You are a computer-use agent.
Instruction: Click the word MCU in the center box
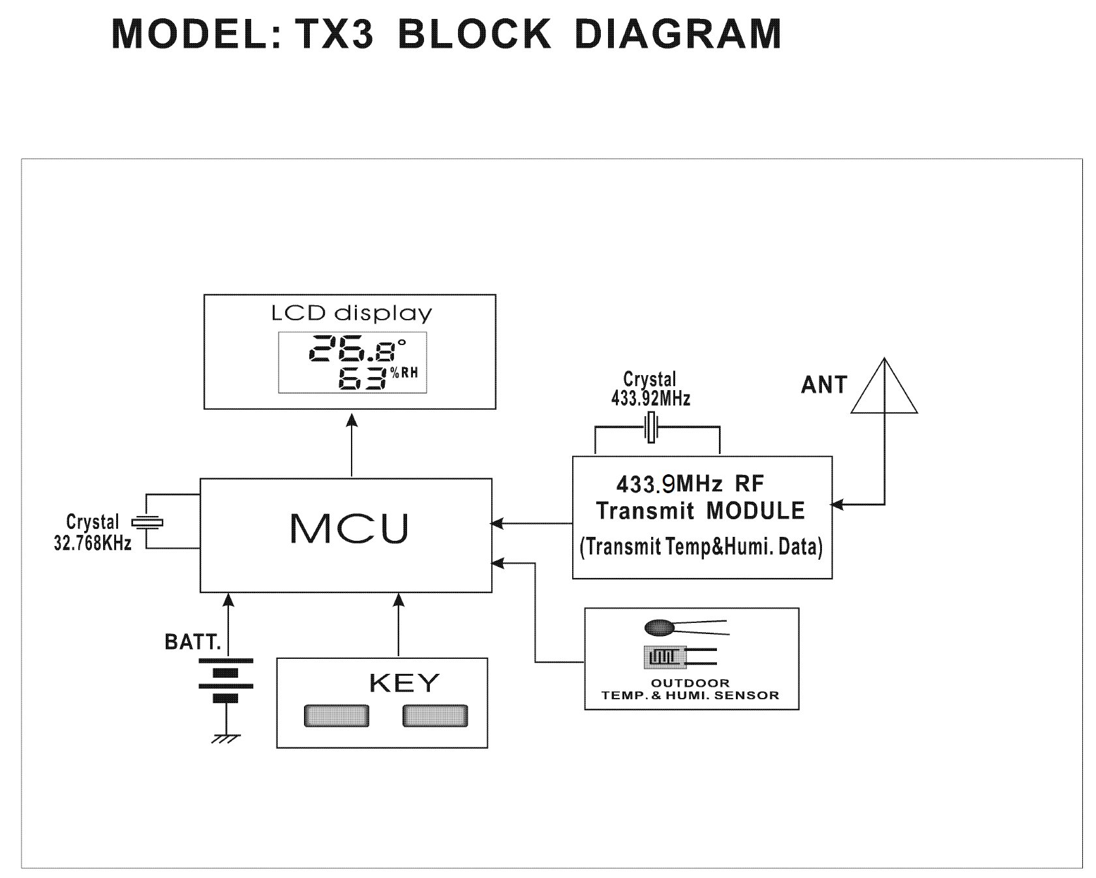coord(349,528)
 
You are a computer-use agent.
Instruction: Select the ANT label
coord(824,385)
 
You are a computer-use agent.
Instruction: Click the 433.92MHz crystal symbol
coord(651,428)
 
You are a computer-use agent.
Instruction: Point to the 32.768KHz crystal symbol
coord(147,522)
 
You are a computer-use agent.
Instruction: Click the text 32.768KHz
coord(93,543)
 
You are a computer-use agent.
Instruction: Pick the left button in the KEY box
coord(336,716)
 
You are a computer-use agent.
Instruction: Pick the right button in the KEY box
coord(435,716)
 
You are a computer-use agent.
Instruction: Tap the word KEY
coord(404,683)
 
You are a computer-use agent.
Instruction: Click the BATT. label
coord(193,643)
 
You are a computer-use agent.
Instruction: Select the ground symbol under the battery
coord(226,738)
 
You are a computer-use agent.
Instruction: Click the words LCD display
coord(352,314)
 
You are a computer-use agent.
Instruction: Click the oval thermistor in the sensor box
coord(658,628)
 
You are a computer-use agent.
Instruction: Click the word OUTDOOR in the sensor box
coord(690,683)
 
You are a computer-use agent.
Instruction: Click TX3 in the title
coord(333,34)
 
